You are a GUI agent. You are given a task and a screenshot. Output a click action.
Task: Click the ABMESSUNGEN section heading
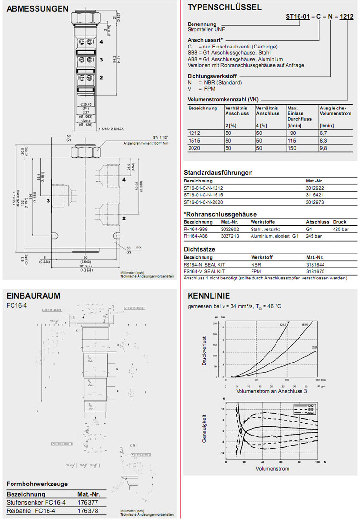tap(37, 8)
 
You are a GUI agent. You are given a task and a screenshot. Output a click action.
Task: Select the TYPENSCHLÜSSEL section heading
tap(225, 7)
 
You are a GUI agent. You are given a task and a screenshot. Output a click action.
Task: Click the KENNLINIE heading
tap(209, 295)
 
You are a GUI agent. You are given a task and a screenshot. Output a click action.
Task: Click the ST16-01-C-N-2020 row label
tap(203, 202)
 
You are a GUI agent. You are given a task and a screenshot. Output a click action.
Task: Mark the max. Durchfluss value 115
tap(291, 141)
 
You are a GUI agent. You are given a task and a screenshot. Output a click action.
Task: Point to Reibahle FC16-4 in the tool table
tap(29, 510)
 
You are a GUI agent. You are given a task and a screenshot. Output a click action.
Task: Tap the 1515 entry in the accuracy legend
tap(311, 409)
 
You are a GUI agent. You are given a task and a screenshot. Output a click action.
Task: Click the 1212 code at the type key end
tap(346, 17)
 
